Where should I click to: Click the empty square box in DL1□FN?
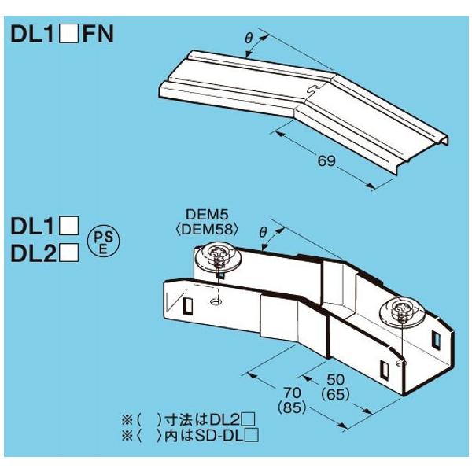71,35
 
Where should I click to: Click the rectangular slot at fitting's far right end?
436,340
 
